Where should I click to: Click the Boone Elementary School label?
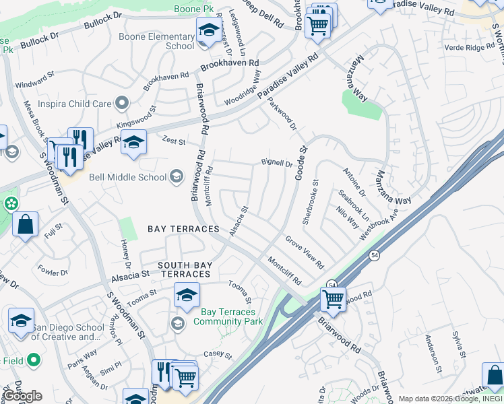tap(156, 42)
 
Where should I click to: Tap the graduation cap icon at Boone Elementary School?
tap(208, 30)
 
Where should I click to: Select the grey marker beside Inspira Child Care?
tap(121, 103)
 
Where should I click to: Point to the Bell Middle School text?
tap(127, 177)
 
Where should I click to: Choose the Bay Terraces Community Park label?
tap(228, 316)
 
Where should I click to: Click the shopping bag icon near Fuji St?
tap(25, 224)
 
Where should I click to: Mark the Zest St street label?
tap(174, 140)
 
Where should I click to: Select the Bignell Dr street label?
tap(277, 163)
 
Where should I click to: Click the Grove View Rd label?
tap(304, 251)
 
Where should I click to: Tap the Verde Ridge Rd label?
tap(470, 47)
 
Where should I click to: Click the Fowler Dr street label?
tap(53, 271)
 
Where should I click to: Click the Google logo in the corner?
tap(23, 396)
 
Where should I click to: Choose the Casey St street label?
tap(218, 355)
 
